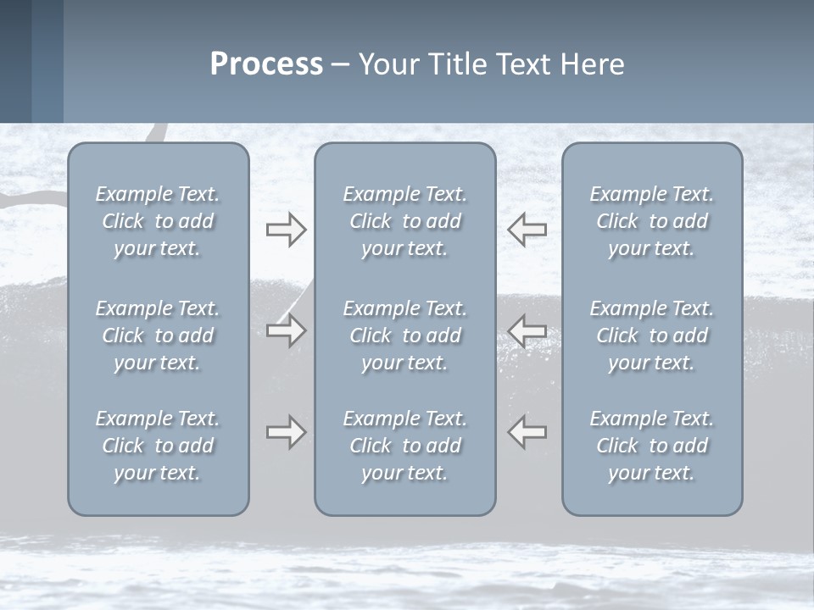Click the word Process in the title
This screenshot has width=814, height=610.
coord(266,64)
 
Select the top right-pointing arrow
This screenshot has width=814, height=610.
coord(286,230)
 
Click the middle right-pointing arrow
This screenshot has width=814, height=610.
coord(286,330)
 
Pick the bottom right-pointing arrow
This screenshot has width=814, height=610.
coord(286,432)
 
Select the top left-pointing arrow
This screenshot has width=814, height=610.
coord(527,230)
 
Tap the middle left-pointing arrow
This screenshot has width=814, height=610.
coord(527,330)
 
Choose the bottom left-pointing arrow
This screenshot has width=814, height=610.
coord(527,432)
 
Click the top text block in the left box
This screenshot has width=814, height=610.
coord(158,221)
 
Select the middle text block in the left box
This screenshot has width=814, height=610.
coord(158,335)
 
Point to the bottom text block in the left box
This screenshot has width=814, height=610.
coord(158,446)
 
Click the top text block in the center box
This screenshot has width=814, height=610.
coord(404,221)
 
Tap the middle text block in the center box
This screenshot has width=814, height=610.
coord(404,335)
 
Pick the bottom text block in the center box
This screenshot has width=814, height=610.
coord(404,446)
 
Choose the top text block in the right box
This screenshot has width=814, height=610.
coord(652,221)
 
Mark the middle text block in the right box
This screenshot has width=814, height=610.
coord(652,335)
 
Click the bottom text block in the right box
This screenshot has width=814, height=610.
coord(652,446)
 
